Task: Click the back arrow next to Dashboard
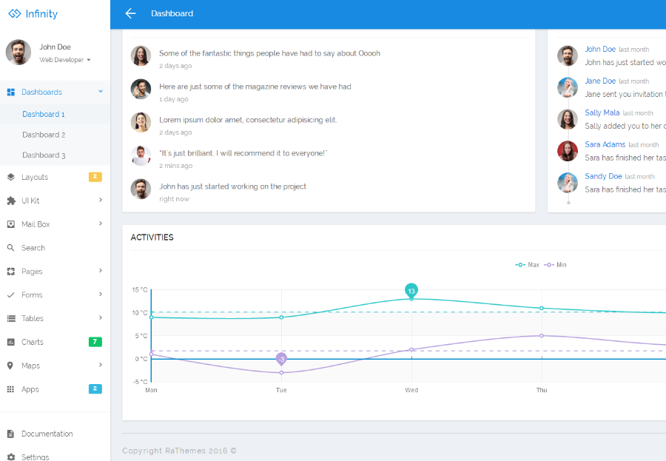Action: (x=130, y=13)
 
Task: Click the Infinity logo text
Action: (x=41, y=13)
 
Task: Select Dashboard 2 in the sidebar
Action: (x=44, y=135)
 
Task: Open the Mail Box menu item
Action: (x=36, y=224)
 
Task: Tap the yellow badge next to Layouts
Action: (x=95, y=177)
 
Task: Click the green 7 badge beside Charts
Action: (x=95, y=342)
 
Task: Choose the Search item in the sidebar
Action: (x=33, y=248)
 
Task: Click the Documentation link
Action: (x=47, y=434)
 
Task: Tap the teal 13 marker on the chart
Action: (x=411, y=291)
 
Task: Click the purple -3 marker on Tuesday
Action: (x=281, y=359)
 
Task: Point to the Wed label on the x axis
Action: (x=411, y=390)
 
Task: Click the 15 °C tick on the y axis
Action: (x=140, y=290)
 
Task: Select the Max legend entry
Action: (x=527, y=265)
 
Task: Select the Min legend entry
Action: (x=555, y=265)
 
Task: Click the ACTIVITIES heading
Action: (x=152, y=238)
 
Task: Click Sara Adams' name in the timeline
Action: (x=605, y=144)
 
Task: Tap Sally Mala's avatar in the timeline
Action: (x=568, y=119)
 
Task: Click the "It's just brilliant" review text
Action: (x=243, y=153)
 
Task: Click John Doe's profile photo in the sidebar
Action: (x=18, y=53)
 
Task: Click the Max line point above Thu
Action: (x=542, y=308)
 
